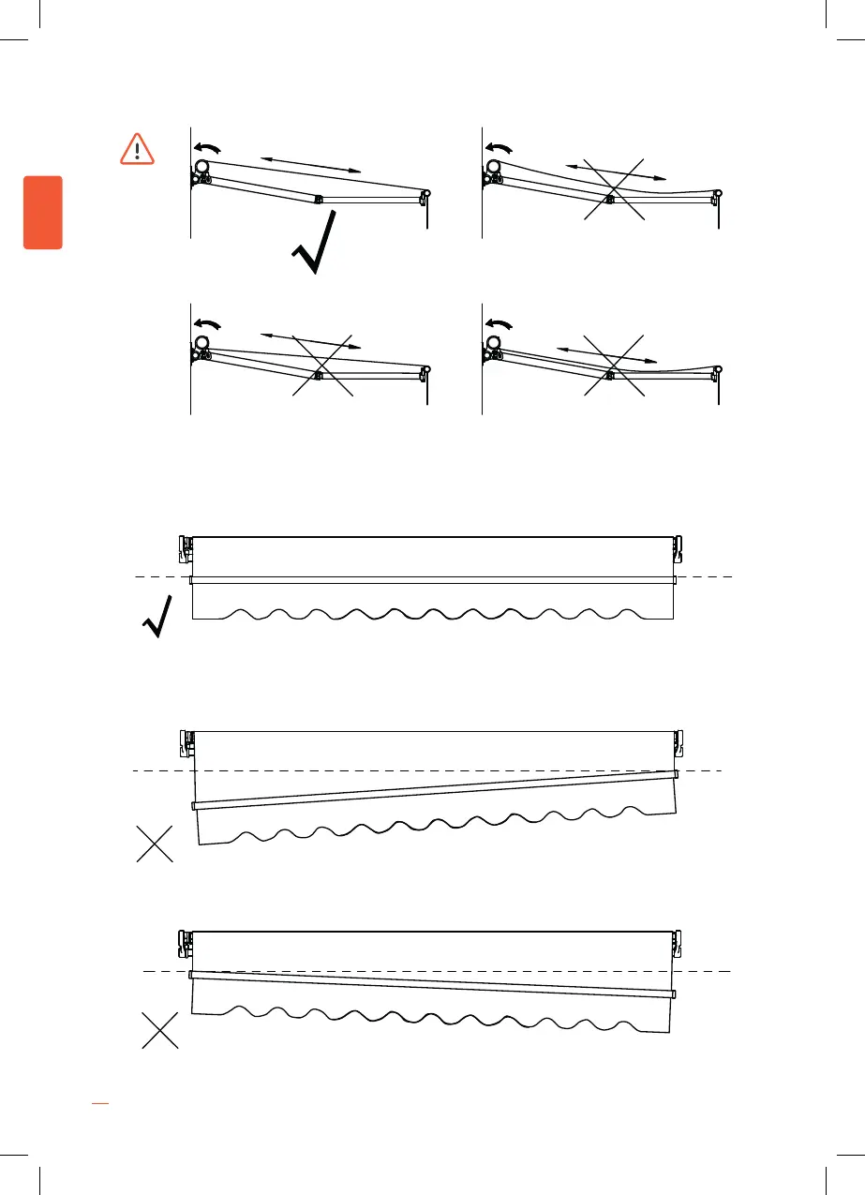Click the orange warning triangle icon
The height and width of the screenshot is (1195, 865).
pyautogui.click(x=137, y=149)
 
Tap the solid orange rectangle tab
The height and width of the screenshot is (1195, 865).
pyautogui.click(x=43, y=212)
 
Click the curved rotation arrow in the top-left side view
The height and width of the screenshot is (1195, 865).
pyautogui.click(x=208, y=147)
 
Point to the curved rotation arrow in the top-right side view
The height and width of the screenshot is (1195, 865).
pyautogui.click(x=500, y=147)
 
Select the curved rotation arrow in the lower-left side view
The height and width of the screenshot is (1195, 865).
pyautogui.click(x=208, y=323)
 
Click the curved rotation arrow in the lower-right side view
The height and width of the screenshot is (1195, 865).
pyautogui.click(x=500, y=323)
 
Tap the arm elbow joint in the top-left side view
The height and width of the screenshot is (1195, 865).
pyautogui.click(x=319, y=199)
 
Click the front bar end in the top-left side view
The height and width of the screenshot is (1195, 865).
pyautogui.click(x=426, y=196)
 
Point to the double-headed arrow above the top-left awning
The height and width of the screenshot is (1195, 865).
pyautogui.click(x=310, y=164)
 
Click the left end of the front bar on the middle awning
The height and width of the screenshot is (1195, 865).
pyautogui.click(x=194, y=805)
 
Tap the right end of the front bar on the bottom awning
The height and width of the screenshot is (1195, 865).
pyautogui.click(x=673, y=993)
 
